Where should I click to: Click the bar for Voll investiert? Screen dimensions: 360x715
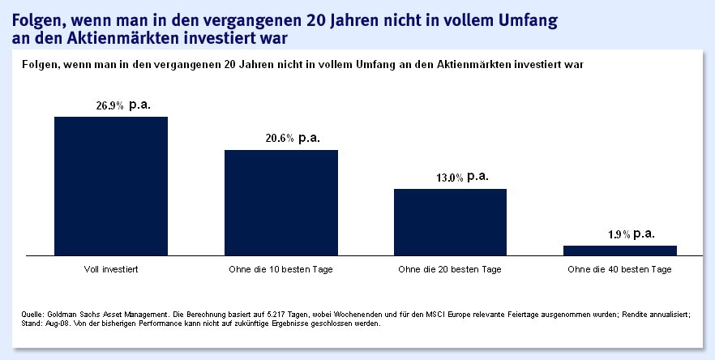click(x=111, y=186)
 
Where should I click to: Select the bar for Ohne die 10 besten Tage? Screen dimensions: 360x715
click(x=281, y=202)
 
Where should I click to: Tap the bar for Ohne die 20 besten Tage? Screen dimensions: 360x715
click(x=450, y=221)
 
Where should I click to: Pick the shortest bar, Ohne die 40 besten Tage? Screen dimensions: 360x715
click(x=620, y=250)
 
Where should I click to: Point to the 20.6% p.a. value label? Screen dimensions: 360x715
click(x=293, y=139)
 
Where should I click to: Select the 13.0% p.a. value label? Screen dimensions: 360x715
click(x=462, y=177)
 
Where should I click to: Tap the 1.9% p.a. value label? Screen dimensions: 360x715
click(x=631, y=234)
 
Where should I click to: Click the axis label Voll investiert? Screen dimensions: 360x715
click(x=110, y=268)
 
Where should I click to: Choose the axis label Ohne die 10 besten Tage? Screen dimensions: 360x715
click(x=281, y=268)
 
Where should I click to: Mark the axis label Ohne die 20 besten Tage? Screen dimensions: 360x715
click(x=450, y=268)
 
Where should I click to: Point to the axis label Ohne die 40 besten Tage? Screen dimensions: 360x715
click(x=620, y=268)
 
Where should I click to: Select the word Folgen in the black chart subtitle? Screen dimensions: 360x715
click(x=40, y=63)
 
